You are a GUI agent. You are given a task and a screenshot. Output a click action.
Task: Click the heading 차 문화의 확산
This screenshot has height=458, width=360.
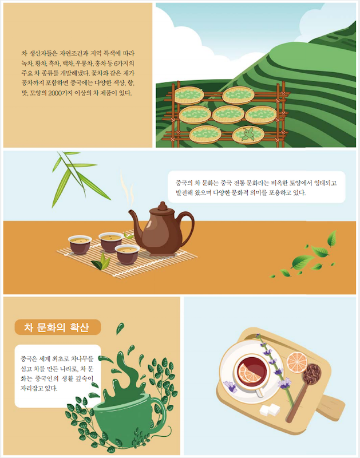coord(56,327)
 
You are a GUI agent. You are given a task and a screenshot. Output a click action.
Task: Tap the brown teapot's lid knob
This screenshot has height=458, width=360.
coord(163,206)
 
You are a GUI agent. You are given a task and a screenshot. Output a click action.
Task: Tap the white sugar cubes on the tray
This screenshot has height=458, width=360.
coord(270,409)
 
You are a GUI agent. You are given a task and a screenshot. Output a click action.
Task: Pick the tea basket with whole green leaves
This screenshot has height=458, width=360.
coord(248,135)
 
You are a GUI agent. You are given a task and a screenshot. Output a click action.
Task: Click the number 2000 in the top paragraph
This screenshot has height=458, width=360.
coord(54,93)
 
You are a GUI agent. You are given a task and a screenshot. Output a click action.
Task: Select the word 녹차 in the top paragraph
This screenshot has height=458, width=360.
coord(27,64)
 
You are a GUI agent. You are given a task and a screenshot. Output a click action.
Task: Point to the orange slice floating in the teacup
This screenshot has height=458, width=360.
coord(250,373)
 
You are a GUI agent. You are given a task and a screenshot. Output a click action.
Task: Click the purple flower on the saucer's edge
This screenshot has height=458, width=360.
coord(230,386)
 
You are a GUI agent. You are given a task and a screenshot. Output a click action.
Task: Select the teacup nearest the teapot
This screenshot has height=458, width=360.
coord(127,254)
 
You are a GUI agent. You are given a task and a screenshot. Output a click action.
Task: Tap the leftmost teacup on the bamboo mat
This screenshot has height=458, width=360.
coord(80,244)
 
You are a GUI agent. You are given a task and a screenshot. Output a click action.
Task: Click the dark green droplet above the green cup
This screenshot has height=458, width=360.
coord(120,328)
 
